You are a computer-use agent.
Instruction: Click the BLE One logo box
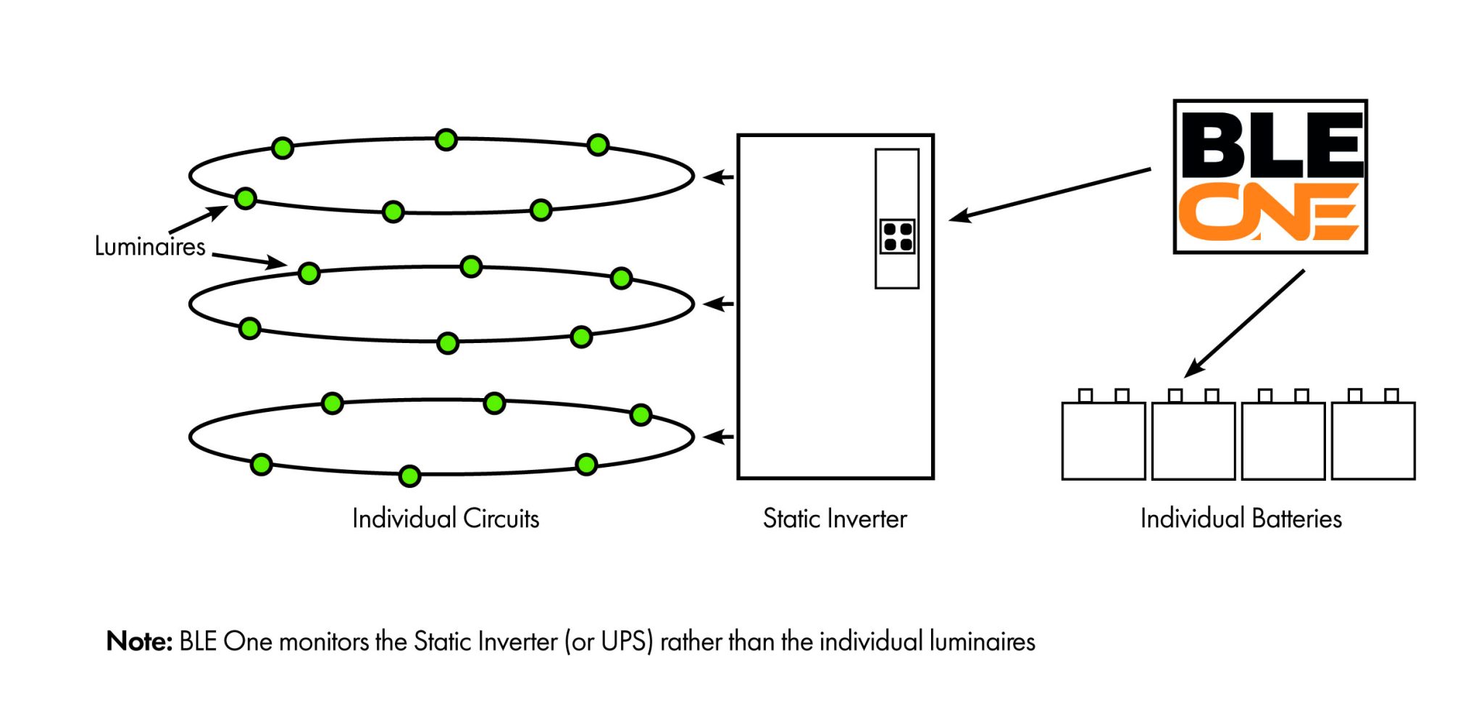[x=1270, y=176]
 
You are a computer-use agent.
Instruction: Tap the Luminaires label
[x=150, y=247]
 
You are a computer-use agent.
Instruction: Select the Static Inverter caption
[x=834, y=518]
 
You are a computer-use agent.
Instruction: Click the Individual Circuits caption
[x=446, y=518]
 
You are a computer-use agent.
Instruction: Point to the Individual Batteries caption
[x=1241, y=518]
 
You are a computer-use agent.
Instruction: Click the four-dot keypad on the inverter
[x=897, y=236]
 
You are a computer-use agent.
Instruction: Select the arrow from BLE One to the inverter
[x=1051, y=194]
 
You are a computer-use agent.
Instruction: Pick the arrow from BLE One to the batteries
[x=1245, y=323]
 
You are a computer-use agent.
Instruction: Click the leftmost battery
[x=1103, y=439]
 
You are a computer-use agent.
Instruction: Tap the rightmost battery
[x=1373, y=439]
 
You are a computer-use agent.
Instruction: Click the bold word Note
[x=139, y=642]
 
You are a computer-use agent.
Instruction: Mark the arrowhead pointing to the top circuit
[x=717, y=177]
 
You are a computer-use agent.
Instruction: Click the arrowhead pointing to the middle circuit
[x=717, y=304]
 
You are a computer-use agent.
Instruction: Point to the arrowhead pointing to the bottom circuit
[x=717, y=437]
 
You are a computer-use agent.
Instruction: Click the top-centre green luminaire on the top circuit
[x=446, y=139]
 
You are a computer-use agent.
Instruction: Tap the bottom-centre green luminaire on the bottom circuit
[x=409, y=476]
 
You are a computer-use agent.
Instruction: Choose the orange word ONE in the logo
[x=1268, y=211]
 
